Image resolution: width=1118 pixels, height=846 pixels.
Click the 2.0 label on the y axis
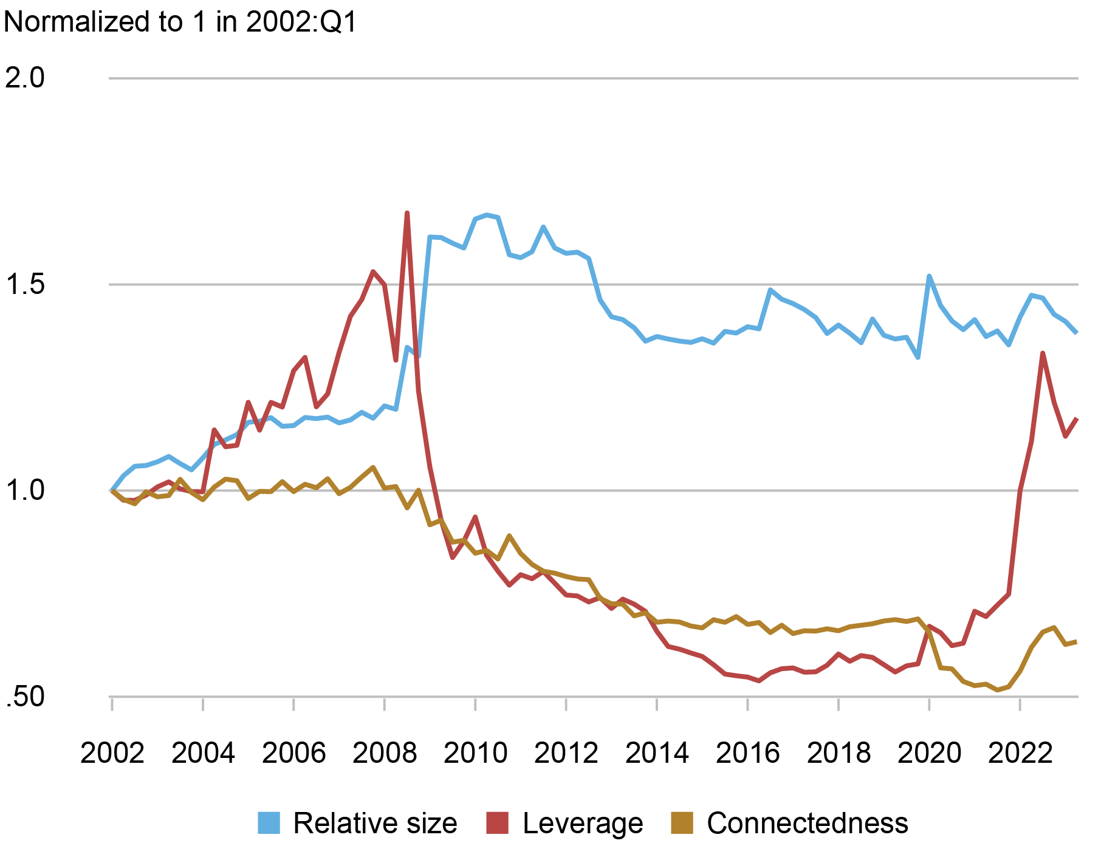tap(24, 78)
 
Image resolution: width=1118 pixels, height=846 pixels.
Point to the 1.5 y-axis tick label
tap(24, 284)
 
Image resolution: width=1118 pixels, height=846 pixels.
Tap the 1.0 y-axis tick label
tap(24, 491)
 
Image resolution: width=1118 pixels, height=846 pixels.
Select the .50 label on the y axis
tap(24, 697)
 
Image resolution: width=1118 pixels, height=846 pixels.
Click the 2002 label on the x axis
tap(112, 754)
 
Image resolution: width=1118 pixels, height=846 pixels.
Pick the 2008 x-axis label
tap(385, 754)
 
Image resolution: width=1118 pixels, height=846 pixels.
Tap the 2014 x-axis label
tap(657, 754)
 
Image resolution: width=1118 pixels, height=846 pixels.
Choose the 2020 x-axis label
tap(929, 754)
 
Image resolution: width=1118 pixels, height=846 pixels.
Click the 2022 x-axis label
tap(1020, 754)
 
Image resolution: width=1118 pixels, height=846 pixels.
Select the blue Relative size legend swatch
tap(269, 823)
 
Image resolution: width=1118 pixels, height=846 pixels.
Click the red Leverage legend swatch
tap(498, 823)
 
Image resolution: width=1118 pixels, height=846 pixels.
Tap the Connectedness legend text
tap(807, 823)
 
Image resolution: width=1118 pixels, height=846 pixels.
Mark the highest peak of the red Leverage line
tap(406, 213)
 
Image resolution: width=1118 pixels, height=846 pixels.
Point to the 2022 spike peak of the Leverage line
tap(1043, 353)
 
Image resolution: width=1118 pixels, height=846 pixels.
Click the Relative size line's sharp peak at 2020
tap(929, 276)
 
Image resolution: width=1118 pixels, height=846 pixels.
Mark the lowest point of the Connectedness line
tap(997, 690)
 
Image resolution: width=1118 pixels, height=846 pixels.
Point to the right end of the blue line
tap(1077, 333)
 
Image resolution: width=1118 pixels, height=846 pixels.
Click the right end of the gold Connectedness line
tap(1077, 641)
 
